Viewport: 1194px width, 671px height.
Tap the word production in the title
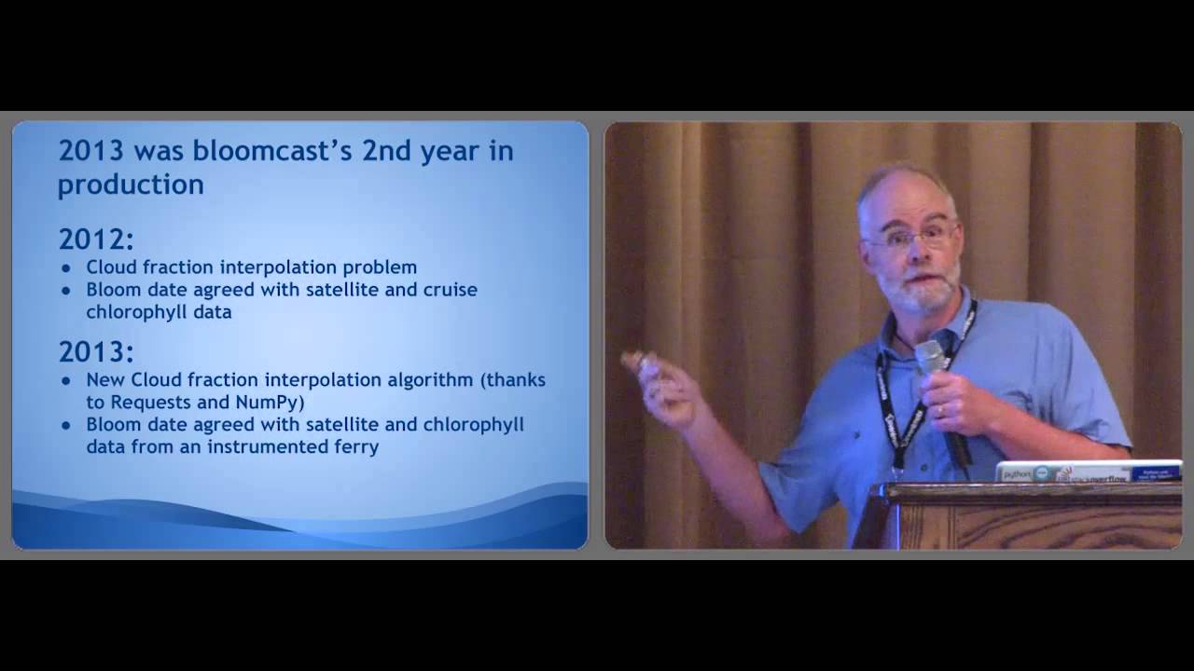coord(131,185)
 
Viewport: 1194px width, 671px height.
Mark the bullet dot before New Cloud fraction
coord(66,381)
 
